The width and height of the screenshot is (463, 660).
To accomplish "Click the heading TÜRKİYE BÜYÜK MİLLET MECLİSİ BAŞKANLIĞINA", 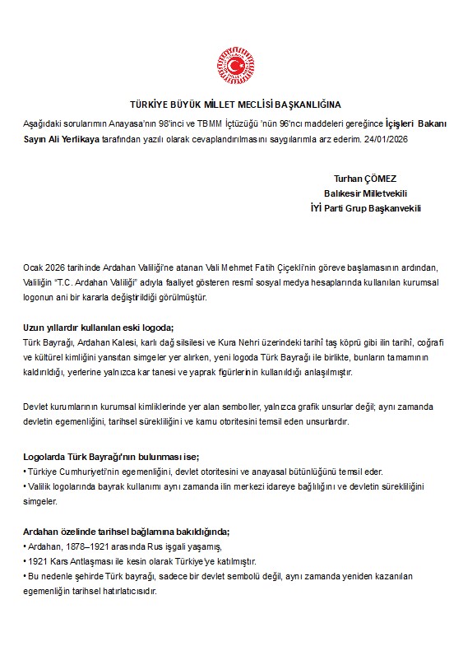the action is point(235,105).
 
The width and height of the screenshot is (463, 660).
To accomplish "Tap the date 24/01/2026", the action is point(386,139).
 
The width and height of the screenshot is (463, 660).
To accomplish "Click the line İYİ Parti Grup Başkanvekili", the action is point(361,208).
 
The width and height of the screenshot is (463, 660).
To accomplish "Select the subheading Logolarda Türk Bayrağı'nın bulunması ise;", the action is point(111,457).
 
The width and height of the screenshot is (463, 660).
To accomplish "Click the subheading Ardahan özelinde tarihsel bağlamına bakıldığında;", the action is point(126,532).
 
